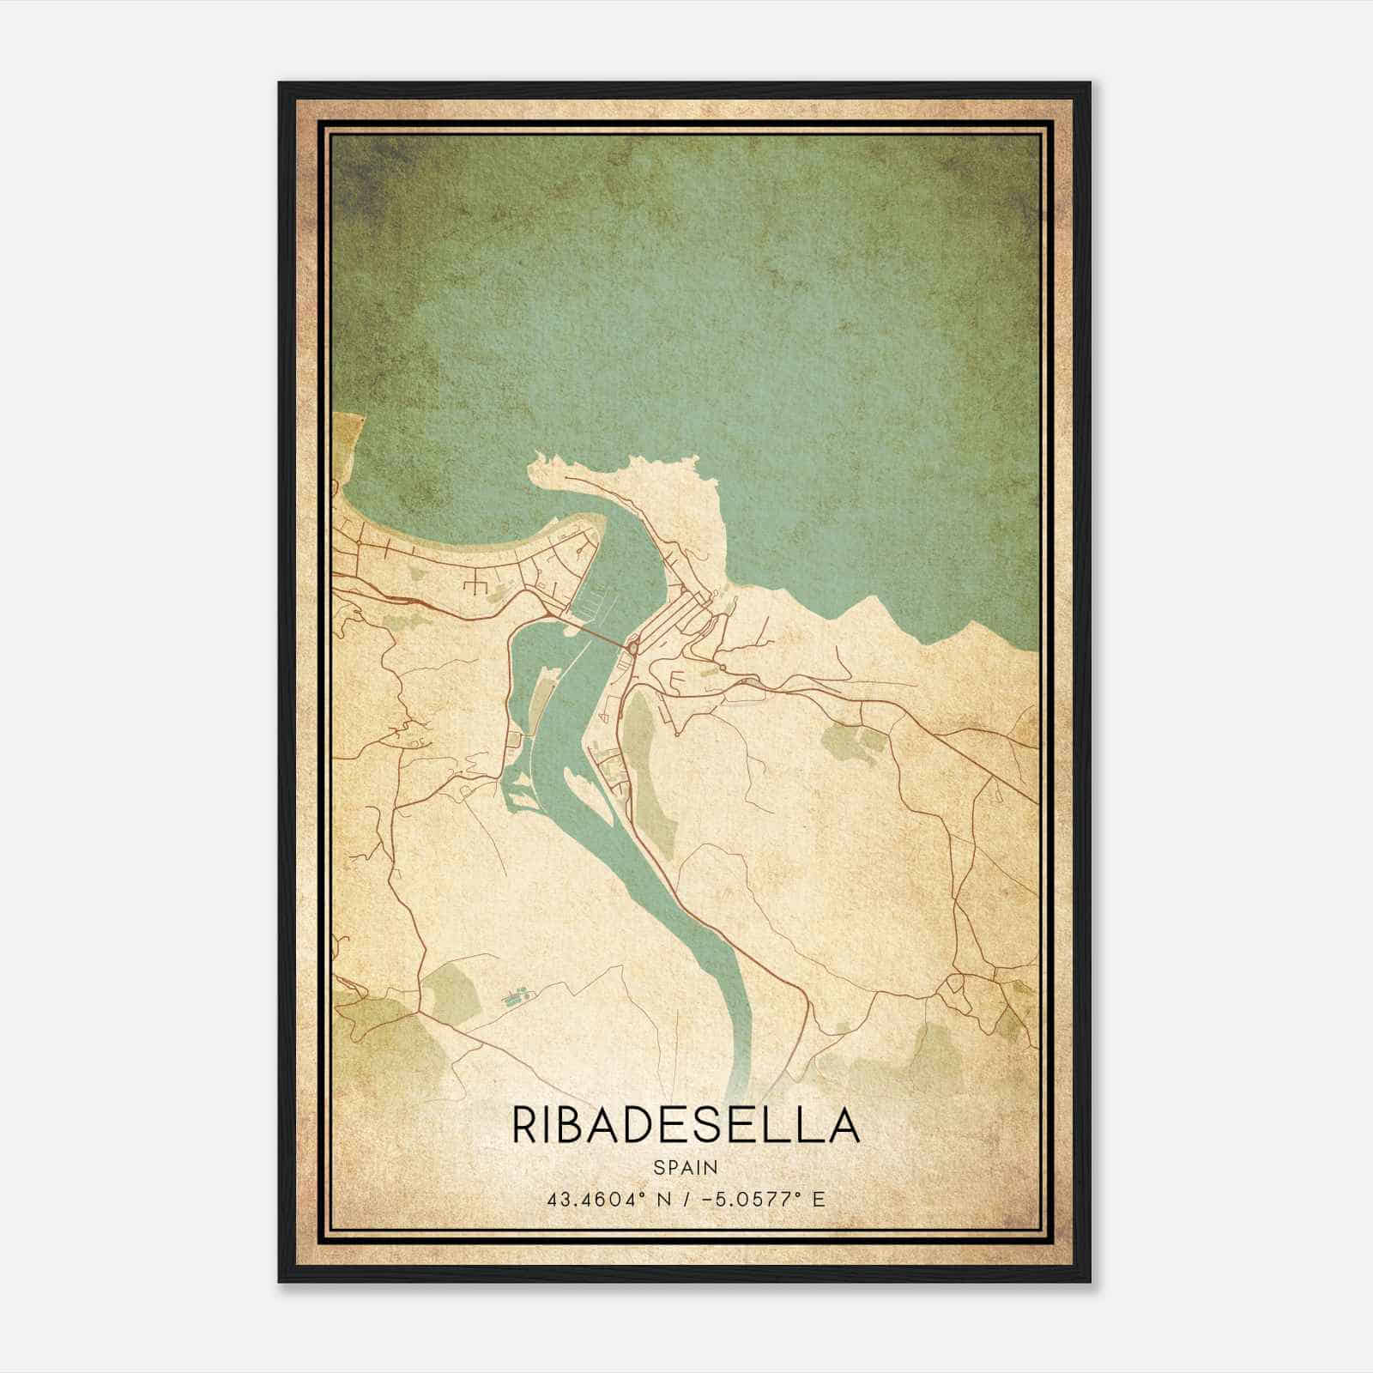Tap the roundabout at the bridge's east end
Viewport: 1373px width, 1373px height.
point(633,649)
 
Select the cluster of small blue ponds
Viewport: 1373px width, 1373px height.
point(515,996)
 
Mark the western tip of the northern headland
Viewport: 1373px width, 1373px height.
point(534,468)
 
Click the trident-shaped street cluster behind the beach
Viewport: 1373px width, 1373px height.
point(475,587)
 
